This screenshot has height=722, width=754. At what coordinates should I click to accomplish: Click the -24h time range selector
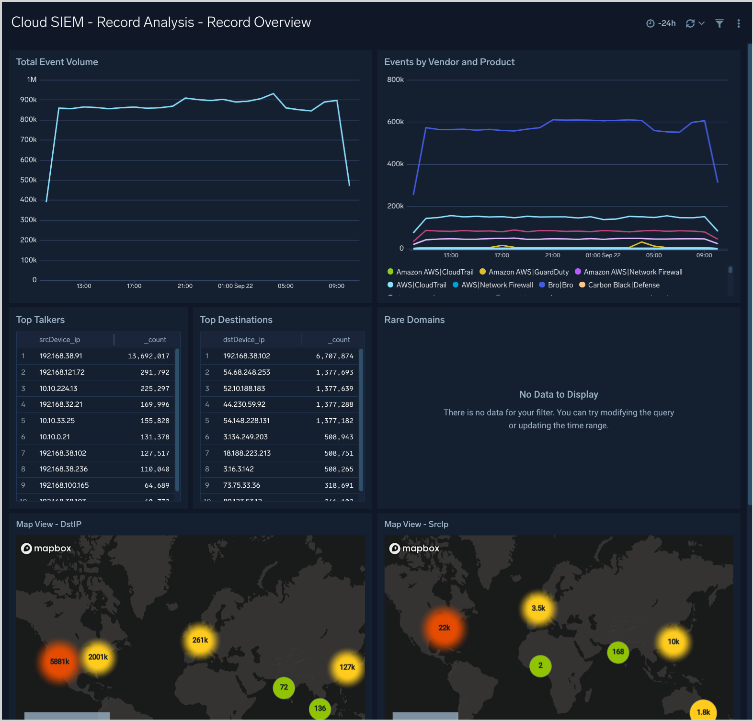(661, 23)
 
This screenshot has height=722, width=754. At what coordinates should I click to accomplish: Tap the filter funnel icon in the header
(719, 23)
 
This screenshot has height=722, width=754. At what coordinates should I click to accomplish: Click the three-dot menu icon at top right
(738, 23)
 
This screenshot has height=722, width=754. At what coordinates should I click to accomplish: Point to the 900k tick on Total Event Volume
(28, 100)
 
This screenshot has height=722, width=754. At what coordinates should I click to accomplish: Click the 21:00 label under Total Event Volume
(185, 286)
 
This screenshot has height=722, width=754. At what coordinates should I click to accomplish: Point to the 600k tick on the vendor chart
(395, 122)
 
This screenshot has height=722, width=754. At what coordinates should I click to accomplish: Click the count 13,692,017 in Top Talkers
(149, 356)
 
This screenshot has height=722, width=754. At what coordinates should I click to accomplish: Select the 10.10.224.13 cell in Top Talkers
(58, 389)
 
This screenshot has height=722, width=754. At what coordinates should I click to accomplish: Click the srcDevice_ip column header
(59, 340)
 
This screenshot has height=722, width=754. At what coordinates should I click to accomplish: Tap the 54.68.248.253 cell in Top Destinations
(247, 372)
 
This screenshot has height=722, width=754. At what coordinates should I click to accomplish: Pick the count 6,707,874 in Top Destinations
(334, 356)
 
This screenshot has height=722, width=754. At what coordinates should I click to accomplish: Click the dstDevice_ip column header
(244, 340)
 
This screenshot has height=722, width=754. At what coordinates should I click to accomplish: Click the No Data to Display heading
(559, 394)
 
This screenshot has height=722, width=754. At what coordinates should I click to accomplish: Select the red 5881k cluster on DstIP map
(59, 662)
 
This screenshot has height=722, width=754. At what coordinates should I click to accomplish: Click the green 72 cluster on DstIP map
(284, 688)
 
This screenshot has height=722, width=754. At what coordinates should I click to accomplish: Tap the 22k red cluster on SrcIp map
(444, 628)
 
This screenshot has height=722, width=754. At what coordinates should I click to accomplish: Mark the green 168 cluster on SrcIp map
(618, 652)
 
